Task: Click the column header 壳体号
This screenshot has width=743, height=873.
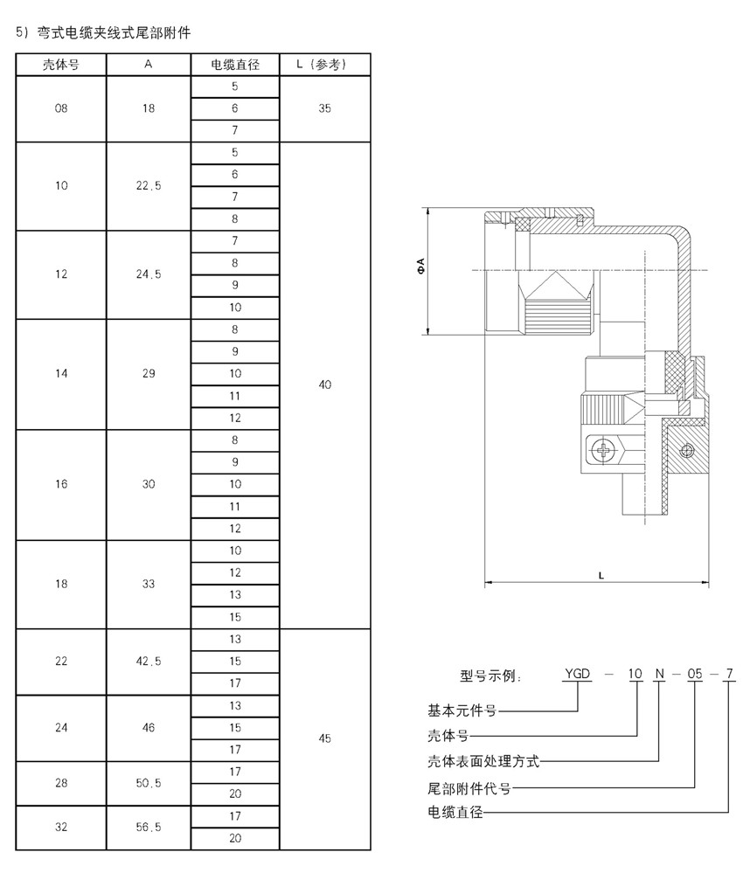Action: (x=60, y=65)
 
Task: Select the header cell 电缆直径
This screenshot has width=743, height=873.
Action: (x=235, y=65)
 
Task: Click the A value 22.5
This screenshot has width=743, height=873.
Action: (x=149, y=186)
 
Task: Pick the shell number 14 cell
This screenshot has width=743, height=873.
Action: (x=61, y=374)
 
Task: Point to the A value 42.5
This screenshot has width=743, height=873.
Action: (x=149, y=662)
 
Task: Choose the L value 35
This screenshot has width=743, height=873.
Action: (x=324, y=108)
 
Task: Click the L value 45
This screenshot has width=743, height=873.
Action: (x=324, y=738)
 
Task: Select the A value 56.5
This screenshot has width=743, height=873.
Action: (x=149, y=828)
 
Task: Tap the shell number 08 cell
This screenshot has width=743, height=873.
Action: (x=61, y=108)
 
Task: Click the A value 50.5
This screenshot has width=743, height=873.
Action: (x=149, y=783)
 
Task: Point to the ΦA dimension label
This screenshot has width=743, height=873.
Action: (x=420, y=267)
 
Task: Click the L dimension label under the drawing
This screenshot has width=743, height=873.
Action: (x=601, y=576)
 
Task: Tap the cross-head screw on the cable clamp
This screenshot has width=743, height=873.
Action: (x=603, y=450)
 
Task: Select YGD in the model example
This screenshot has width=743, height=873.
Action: (x=577, y=674)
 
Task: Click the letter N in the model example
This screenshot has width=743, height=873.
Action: (x=659, y=674)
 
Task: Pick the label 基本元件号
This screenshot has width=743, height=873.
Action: (x=462, y=710)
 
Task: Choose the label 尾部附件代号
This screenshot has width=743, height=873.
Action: (x=469, y=788)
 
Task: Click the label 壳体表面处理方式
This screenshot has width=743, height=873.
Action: (x=483, y=761)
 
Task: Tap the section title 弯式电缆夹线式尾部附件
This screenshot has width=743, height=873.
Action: (x=114, y=33)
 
